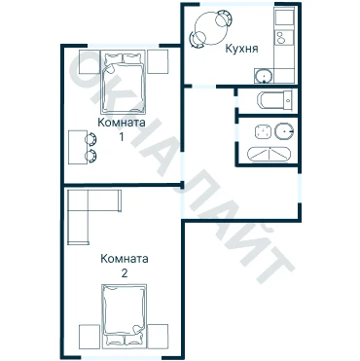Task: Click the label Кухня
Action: point(241,49)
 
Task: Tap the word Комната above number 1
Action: point(122,123)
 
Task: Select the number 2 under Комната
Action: point(125,273)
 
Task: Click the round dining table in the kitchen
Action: point(211,28)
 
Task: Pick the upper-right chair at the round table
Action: point(225,18)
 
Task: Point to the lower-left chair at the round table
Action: point(198,39)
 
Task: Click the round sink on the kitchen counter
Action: point(264,77)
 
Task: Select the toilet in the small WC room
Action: point(275,100)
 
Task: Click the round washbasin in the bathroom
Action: point(284,131)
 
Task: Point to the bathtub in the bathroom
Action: point(270,154)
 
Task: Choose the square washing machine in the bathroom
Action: point(263,131)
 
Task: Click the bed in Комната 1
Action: point(123,82)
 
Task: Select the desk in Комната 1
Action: point(78,147)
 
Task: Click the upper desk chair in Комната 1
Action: point(90,139)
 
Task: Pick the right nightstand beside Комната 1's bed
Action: point(158,62)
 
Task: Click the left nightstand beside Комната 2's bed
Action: point(90,337)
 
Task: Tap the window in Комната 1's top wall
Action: point(124,46)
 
